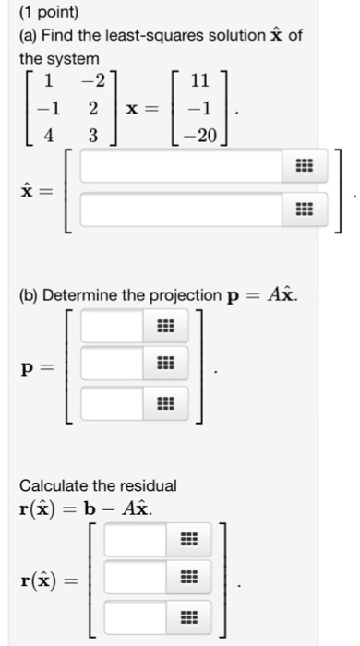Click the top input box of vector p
113,325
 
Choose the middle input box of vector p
113,363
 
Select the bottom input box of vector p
113,401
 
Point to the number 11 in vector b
198,81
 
